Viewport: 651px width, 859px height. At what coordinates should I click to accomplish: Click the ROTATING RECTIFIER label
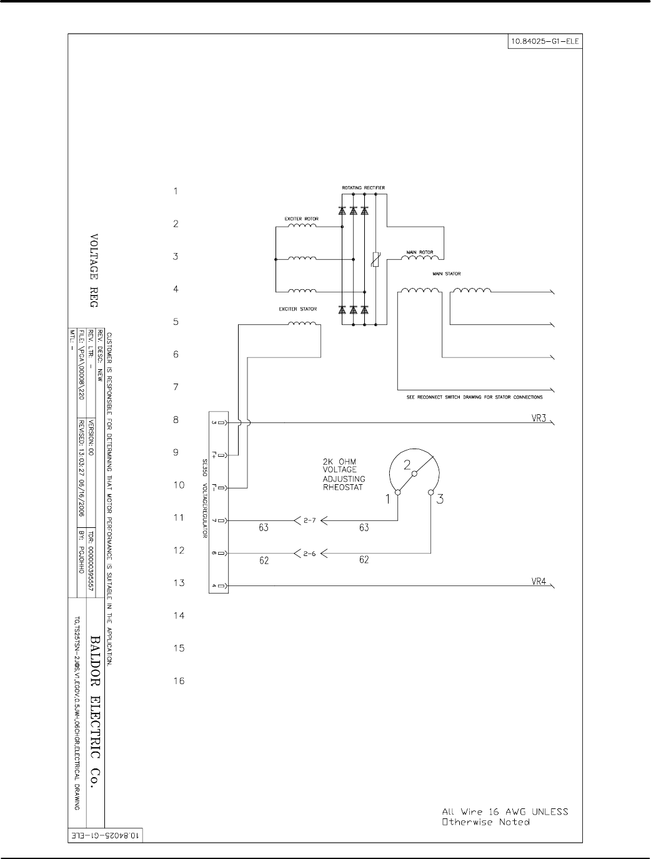(x=363, y=187)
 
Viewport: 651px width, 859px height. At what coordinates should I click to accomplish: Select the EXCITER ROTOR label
(x=302, y=219)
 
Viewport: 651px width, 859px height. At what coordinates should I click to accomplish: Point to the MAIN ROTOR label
(x=420, y=252)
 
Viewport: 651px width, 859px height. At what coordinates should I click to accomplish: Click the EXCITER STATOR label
(x=297, y=309)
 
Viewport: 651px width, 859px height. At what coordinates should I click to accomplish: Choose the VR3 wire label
(x=539, y=418)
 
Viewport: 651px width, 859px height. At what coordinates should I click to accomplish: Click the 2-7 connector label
(x=309, y=520)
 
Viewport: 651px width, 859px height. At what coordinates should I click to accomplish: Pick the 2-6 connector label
(x=309, y=554)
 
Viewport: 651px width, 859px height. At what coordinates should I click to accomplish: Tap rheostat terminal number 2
(x=407, y=464)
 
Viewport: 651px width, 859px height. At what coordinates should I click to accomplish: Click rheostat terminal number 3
(x=440, y=499)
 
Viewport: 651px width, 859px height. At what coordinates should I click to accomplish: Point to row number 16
(x=179, y=681)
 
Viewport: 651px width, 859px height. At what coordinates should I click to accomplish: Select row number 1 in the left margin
(x=176, y=191)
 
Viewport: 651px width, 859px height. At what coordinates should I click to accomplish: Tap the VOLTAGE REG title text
(x=94, y=270)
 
